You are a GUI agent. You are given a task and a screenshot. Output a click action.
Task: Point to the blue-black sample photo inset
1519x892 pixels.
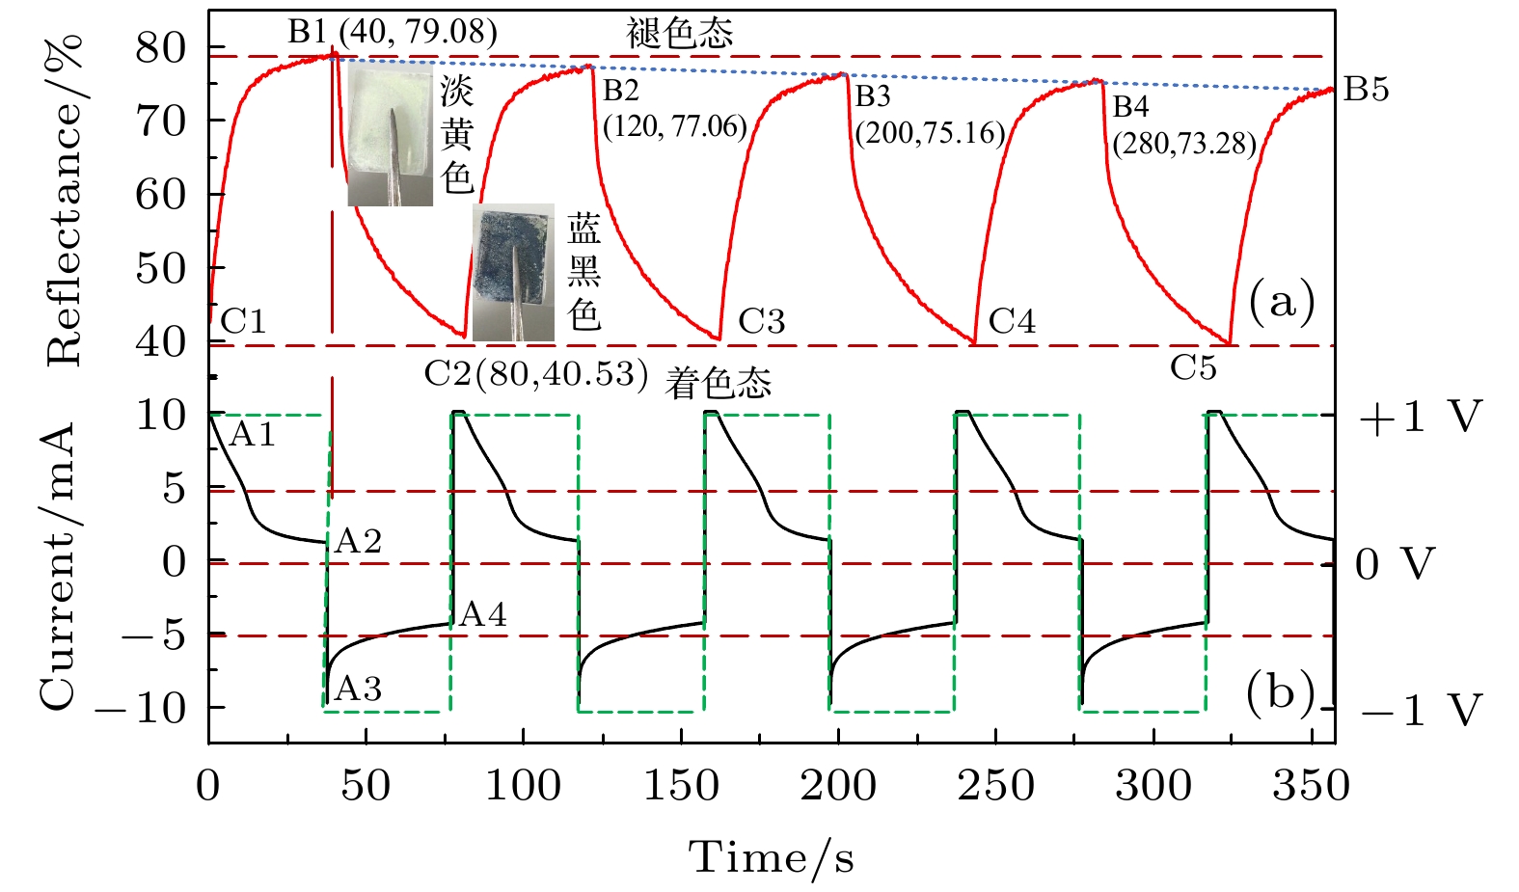(x=513, y=272)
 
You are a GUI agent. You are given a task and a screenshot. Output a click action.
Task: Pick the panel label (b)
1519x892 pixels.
(x=1280, y=691)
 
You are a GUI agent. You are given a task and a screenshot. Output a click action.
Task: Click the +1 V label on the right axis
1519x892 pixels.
(x=1419, y=417)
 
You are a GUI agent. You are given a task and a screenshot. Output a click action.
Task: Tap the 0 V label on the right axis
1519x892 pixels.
(x=1395, y=564)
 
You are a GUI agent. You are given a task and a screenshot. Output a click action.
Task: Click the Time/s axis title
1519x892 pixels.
(x=771, y=856)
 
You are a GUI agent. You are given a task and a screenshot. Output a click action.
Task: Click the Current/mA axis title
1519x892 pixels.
(x=58, y=566)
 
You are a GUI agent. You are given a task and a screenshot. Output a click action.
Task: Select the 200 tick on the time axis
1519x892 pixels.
(x=838, y=786)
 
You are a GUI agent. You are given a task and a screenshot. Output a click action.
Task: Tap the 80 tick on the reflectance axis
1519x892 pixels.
(x=160, y=48)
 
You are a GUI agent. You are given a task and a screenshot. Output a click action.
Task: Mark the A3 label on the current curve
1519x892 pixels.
(x=358, y=689)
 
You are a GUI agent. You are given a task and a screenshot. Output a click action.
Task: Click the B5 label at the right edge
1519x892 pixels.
(x=1366, y=90)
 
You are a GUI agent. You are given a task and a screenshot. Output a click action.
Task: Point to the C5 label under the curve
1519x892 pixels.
(x=1193, y=367)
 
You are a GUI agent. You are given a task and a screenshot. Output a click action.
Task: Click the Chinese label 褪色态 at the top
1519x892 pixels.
(x=680, y=34)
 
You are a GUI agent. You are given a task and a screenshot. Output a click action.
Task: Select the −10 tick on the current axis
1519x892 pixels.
(x=140, y=709)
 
